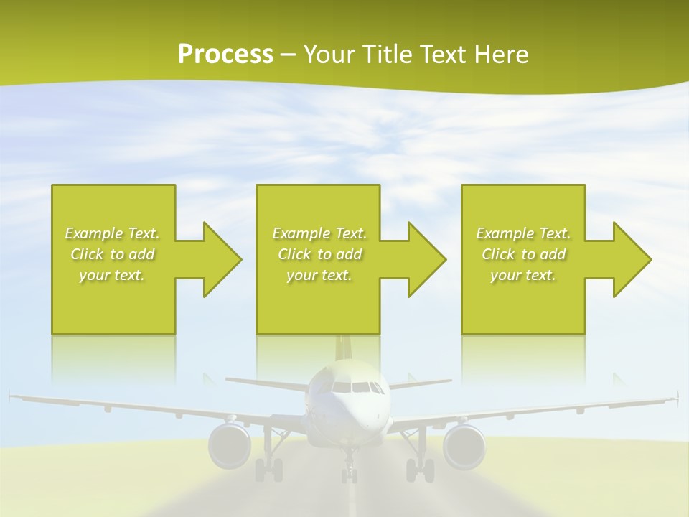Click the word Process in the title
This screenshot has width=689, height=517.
pos(225,54)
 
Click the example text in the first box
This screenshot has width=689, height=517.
pos(113,254)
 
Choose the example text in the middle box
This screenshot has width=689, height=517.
pos(319,254)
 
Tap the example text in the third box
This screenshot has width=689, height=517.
pos(523,254)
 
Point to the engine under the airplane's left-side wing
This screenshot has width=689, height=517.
pos(230,445)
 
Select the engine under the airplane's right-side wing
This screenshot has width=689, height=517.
pos(464,445)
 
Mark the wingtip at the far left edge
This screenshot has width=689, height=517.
pos(11,394)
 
